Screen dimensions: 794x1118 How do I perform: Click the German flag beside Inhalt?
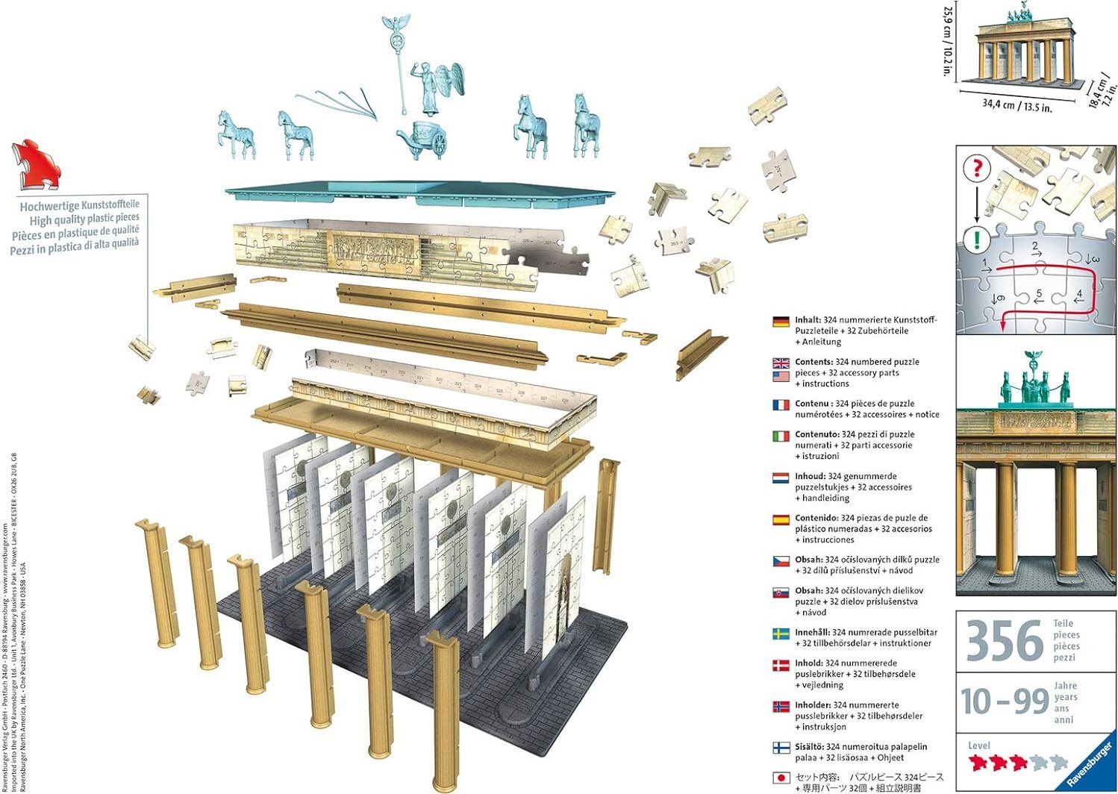[x=781, y=322]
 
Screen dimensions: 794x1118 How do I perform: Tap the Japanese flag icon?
[x=781, y=778]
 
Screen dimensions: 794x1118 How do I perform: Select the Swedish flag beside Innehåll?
[x=781, y=634]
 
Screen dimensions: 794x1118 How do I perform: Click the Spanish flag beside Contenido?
[x=781, y=519]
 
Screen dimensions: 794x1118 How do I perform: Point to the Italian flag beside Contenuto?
[x=781, y=436]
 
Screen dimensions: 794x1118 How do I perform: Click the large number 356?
[x=1005, y=640]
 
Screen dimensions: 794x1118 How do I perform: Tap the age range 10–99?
[x=1005, y=701]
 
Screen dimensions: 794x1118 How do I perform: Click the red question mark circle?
[x=976, y=168]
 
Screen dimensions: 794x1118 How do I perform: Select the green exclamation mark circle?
[x=976, y=240]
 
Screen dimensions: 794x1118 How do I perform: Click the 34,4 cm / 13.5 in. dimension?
[x=1016, y=105]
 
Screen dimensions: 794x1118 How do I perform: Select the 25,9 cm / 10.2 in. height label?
[x=948, y=41]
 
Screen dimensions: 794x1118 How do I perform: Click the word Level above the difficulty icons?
[x=979, y=745]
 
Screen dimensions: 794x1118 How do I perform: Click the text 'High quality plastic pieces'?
[x=84, y=219]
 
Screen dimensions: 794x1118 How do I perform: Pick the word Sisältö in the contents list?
[x=809, y=746]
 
